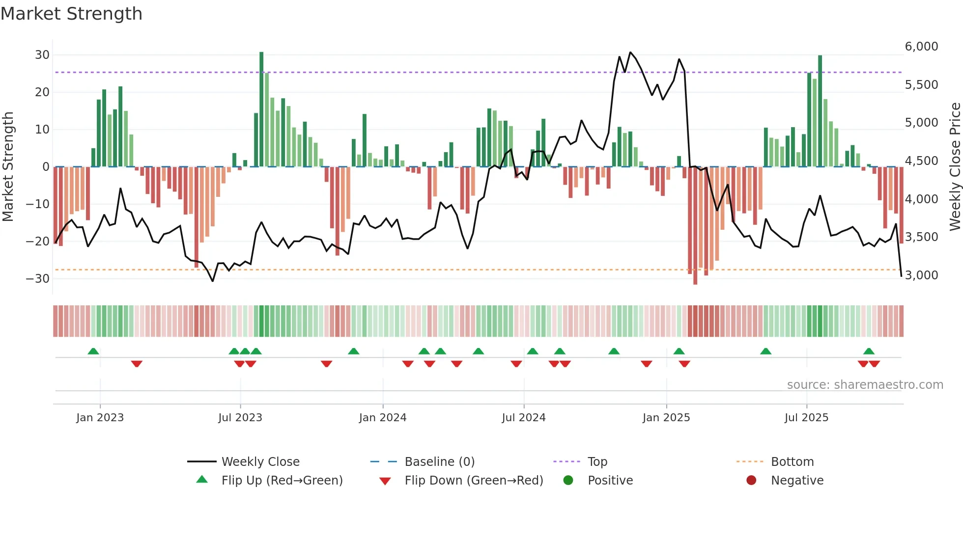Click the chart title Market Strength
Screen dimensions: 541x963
[x=71, y=14]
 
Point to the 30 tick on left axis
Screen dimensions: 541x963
[x=42, y=55]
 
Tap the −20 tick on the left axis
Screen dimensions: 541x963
[x=38, y=241]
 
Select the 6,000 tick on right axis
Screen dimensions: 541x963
[x=921, y=47]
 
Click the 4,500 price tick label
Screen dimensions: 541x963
[x=921, y=161]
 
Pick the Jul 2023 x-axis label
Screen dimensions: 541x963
[x=240, y=418]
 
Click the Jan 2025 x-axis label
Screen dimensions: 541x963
[x=666, y=418]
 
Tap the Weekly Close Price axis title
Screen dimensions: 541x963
[x=955, y=167]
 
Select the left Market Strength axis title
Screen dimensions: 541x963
[x=8, y=167]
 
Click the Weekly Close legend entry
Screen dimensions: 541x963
[x=260, y=462]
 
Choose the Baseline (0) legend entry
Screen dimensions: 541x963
[x=439, y=462]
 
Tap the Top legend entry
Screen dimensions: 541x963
[x=597, y=462]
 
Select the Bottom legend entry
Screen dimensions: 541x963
[x=792, y=462]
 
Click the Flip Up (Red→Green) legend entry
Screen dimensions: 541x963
[x=282, y=481]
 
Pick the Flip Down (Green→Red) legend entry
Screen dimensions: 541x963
[x=474, y=481]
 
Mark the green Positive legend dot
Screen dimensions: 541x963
[x=568, y=481]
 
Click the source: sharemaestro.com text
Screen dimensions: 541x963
[x=865, y=385]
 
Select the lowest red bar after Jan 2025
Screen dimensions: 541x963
[x=695, y=226]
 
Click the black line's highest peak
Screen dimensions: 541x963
[x=630, y=53]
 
